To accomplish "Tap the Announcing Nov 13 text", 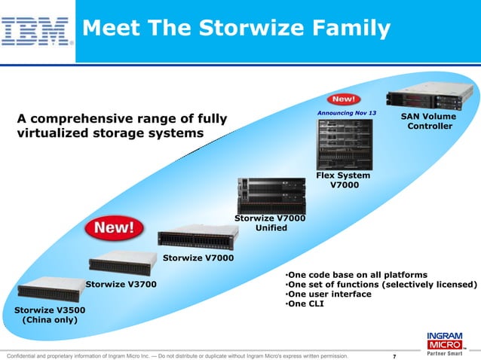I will click(x=346, y=113).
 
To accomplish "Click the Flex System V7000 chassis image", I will click(x=344, y=143).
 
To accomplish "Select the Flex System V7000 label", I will click(x=343, y=181).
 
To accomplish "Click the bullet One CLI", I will click(x=305, y=305).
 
